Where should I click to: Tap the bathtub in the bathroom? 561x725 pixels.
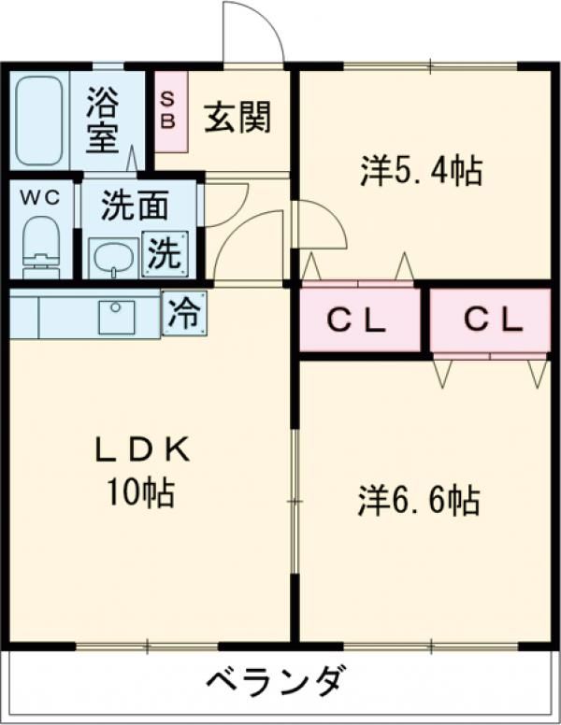pos(38,121)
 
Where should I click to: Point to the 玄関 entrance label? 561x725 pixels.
pos(238,119)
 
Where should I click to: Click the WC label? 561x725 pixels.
pos(39,198)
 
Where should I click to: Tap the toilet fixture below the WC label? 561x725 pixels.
pos(40,245)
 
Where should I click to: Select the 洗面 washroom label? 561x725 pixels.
pos(135,206)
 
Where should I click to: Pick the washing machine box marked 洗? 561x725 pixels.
pos(165,254)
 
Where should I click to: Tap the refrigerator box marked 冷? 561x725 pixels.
pos(184,314)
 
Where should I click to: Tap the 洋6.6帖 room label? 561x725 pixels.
pos(419,500)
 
